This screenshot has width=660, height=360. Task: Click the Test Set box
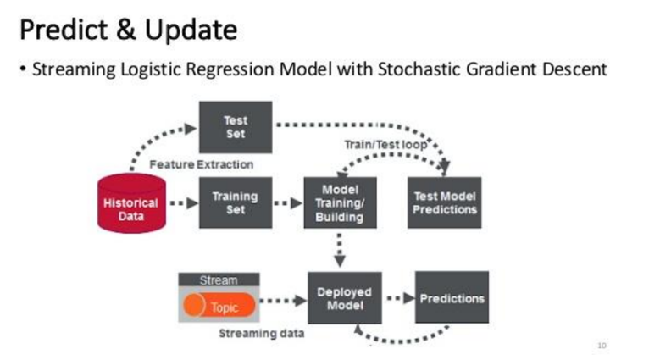[x=236, y=127]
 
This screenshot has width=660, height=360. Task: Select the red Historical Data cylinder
[x=131, y=203]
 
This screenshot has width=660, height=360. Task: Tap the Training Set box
[x=236, y=202]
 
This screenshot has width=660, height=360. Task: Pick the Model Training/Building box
[x=340, y=202]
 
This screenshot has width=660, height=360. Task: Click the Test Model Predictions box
[x=445, y=202]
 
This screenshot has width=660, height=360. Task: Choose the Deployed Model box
[x=345, y=298]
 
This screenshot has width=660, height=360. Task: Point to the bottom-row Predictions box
[x=452, y=297]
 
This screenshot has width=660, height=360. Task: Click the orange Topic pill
[x=219, y=305]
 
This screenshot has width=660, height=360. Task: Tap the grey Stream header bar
[x=219, y=280]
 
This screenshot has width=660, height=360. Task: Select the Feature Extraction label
[x=201, y=164]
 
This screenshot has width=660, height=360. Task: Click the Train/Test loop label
[x=385, y=145]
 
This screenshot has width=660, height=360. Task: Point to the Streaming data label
[x=262, y=334]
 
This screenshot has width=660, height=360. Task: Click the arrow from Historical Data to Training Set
[x=184, y=203]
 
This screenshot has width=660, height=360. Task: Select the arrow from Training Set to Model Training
[x=288, y=203]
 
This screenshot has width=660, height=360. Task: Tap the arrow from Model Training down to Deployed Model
[x=340, y=250]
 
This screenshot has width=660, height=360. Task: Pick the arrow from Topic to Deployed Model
[x=283, y=301]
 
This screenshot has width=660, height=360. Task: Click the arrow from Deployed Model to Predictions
[x=401, y=298]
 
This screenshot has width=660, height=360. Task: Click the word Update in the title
[x=191, y=30]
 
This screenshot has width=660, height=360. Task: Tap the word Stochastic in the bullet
[x=419, y=69]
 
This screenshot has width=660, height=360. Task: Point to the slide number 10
[x=602, y=346]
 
